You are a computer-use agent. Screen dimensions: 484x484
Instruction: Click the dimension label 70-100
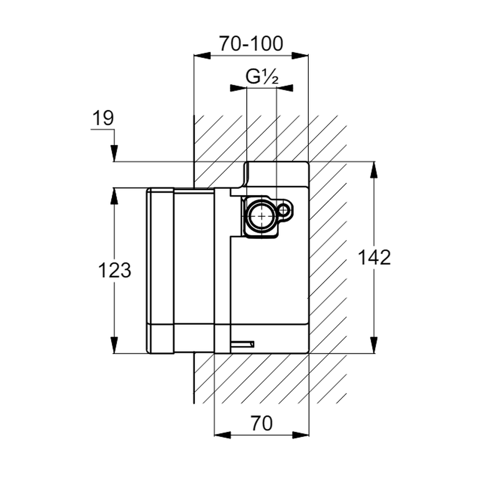251,44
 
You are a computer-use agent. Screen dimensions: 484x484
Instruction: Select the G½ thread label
261,76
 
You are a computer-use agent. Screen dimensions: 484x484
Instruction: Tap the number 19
103,118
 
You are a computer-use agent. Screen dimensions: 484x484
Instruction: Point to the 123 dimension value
115,270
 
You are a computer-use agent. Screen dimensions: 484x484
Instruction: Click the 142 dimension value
374,257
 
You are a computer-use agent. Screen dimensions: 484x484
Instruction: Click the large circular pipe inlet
261,216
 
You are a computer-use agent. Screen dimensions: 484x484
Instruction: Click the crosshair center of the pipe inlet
261,216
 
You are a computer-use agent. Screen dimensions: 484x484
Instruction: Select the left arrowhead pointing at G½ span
238,88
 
